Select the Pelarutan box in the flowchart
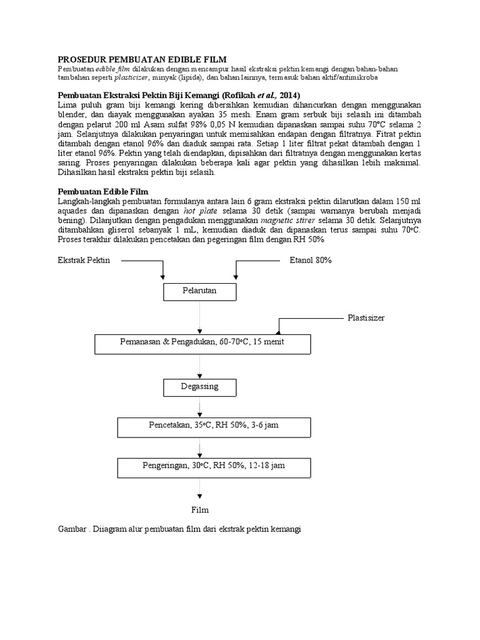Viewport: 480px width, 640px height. coord(200,291)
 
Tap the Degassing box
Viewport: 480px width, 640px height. coord(200,387)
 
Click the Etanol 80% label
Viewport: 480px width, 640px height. coord(310,261)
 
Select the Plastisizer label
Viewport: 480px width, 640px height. coord(366,318)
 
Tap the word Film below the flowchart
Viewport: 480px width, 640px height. coord(200,509)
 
